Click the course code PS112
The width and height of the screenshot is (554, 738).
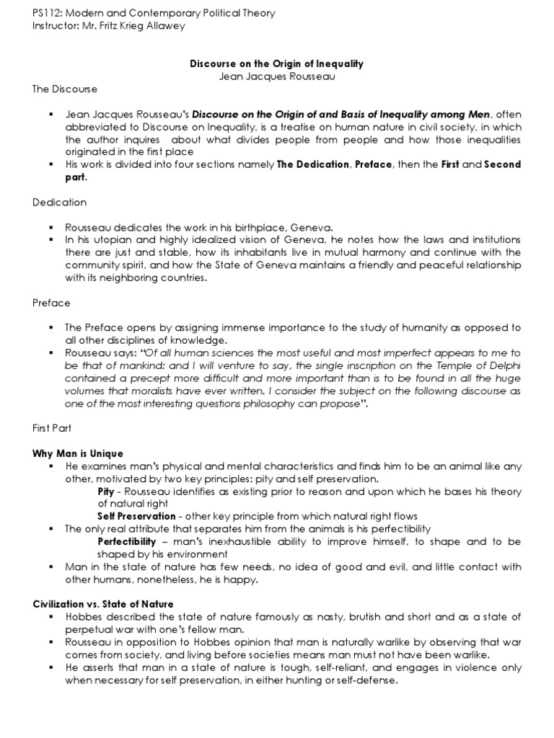tap(45, 14)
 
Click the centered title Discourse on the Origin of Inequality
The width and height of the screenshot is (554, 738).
tap(277, 64)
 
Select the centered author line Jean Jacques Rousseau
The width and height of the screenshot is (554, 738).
tap(277, 76)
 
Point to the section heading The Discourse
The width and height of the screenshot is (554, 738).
tap(64, 89)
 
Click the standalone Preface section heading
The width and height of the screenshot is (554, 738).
tap(50, 303)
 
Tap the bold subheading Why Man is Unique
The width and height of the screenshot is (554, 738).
tap(78, 454)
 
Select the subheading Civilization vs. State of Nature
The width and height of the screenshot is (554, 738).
tap(103, 604)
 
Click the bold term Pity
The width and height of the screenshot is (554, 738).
tap(105, 491)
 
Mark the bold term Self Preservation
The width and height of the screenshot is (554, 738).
tap(136, 516)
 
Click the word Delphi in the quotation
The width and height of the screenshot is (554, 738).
tap(504, 365)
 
